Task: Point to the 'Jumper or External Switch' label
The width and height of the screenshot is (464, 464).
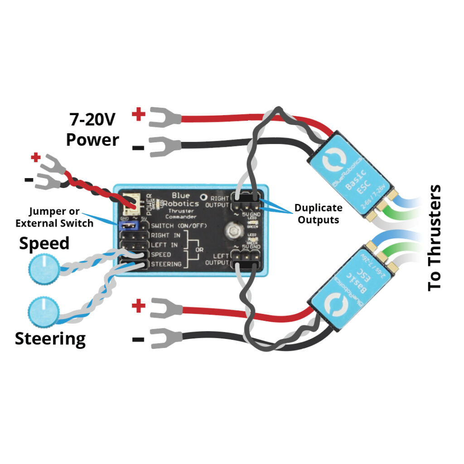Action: tap(54, 217)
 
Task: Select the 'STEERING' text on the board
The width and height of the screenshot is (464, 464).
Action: tap(166, 264)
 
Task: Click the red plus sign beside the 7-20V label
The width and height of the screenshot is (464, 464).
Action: tap(138, 114)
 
